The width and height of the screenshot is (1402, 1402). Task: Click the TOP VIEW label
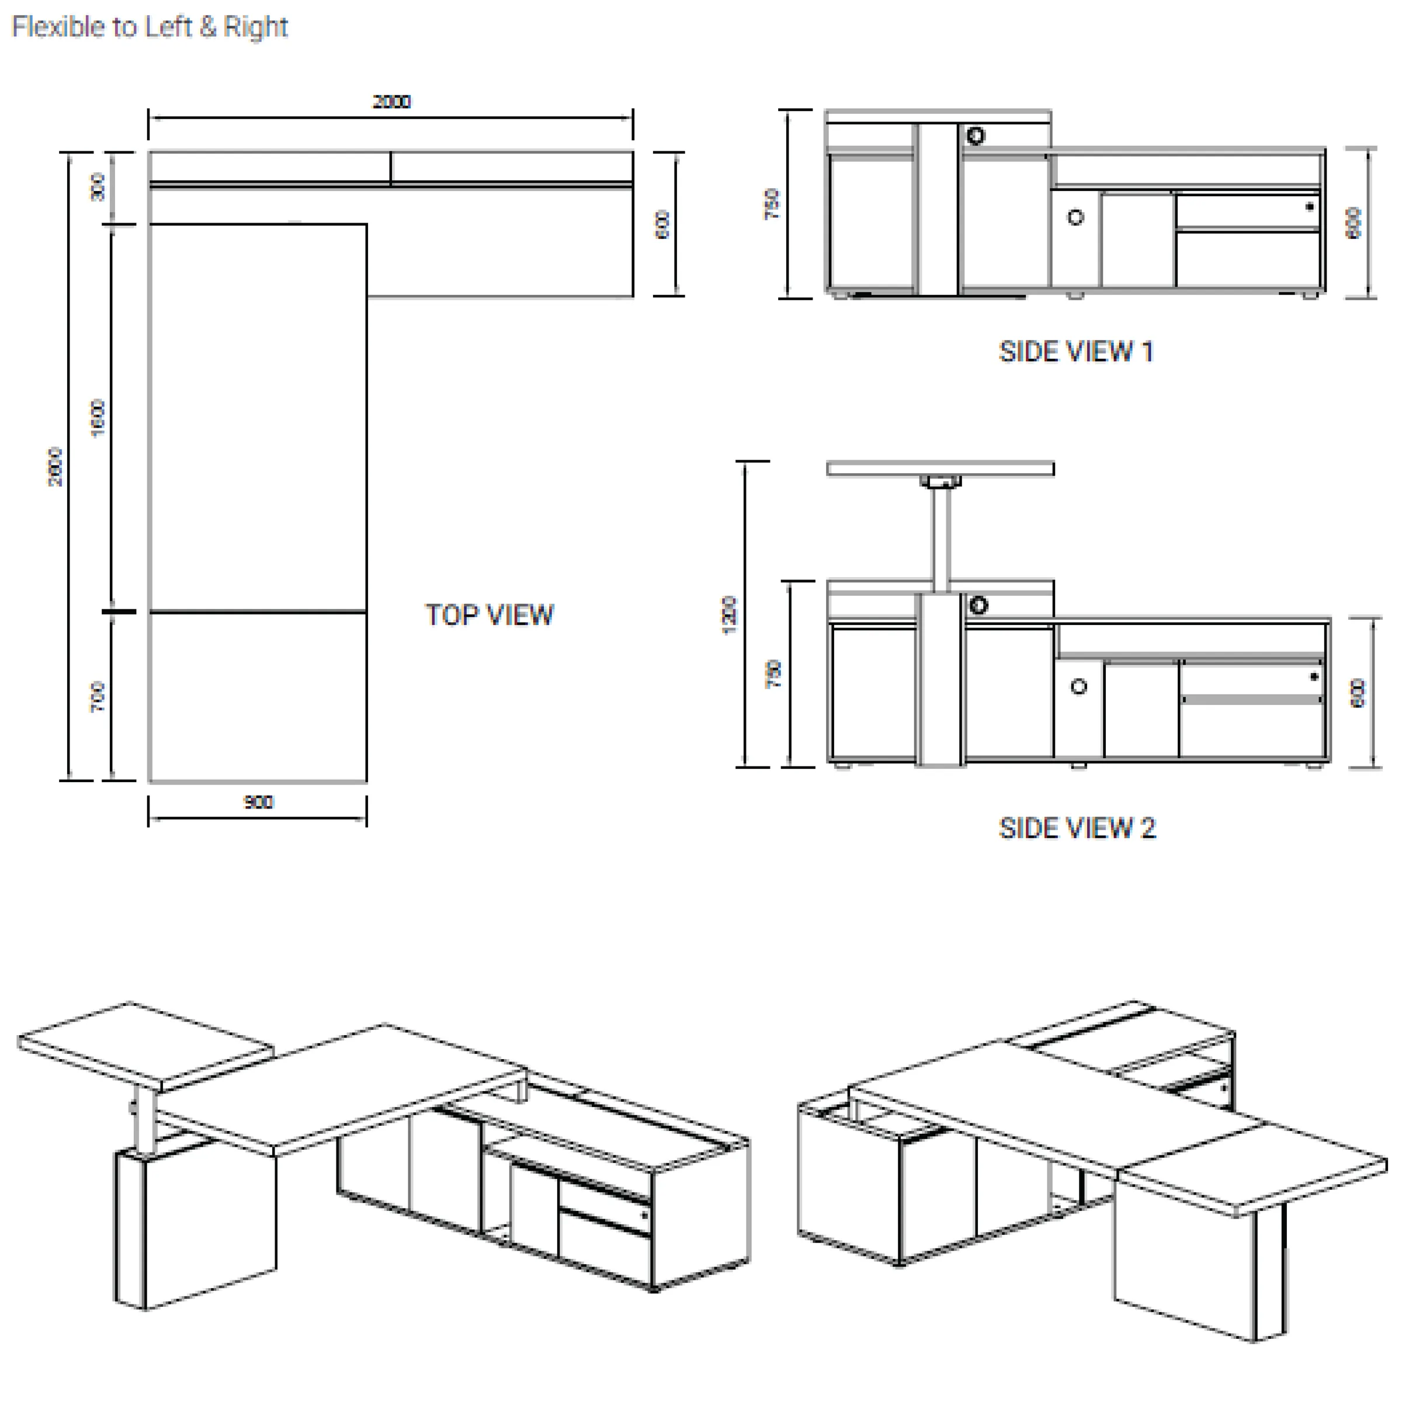coord(489,615)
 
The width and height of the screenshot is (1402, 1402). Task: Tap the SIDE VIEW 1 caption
coord(1075,352)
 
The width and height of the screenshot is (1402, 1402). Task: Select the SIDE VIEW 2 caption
coord(1077,828)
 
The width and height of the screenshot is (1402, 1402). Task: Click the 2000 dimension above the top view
coord(391,102)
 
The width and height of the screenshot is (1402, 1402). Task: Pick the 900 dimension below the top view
coord(258,802)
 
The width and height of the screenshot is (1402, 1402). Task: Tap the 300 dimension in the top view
coord(97,187)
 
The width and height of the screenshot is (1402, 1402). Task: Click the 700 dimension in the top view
coord(97,697)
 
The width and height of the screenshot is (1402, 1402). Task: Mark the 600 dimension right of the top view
coord(662,224)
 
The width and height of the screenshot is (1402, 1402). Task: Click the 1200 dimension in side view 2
coord(728,615)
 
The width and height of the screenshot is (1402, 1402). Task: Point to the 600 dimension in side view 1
coord(1354,223)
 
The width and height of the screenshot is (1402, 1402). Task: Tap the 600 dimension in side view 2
coord(1357,693)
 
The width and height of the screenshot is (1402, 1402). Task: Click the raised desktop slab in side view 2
coord(940,469)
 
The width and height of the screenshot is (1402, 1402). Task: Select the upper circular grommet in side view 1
coord(976,136)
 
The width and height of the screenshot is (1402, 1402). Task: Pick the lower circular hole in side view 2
coord(1078,686)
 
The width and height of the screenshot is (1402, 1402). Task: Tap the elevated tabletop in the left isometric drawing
coord(145,1046)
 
